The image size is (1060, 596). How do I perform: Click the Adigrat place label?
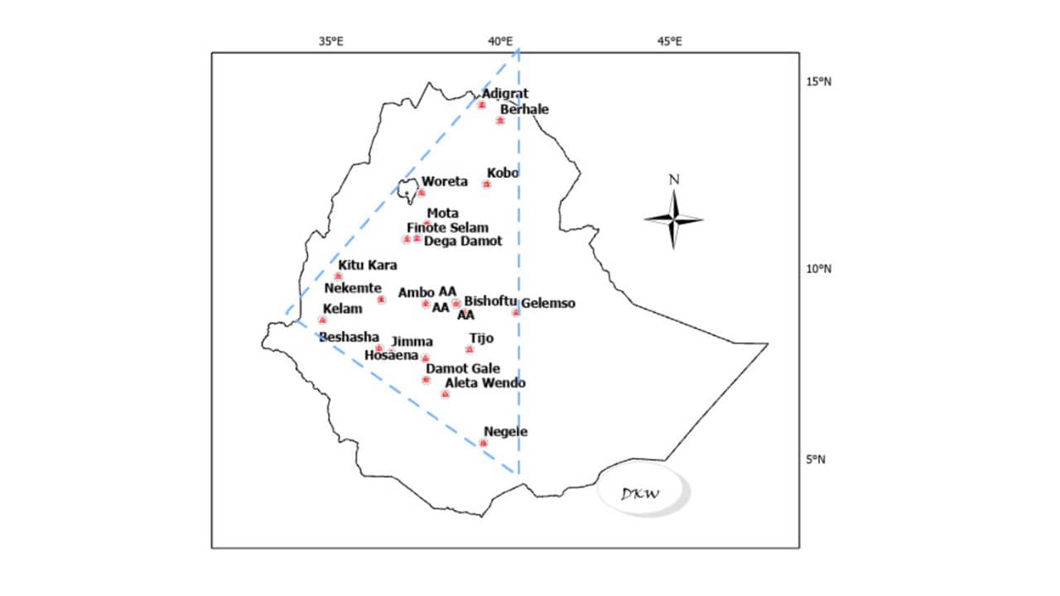(505, 94)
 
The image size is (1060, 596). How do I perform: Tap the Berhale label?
(524, 109)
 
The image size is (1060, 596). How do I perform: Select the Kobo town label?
(502, 173)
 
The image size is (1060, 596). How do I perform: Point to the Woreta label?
(445, 181)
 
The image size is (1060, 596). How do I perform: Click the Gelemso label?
(548, 304)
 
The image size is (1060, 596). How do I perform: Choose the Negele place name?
(505, 431)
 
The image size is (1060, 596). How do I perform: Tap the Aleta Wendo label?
(485, 383)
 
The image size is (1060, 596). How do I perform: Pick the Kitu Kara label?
(367, 266)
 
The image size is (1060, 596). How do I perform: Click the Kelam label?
(342, 309)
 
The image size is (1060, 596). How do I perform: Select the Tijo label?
(481, 338)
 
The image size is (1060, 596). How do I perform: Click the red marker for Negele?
(484, 444)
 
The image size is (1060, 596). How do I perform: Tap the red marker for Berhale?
(500, 121)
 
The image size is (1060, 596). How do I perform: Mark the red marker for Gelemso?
(516, 312)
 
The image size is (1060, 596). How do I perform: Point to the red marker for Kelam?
(323, 320)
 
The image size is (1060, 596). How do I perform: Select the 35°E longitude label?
(331, 41)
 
